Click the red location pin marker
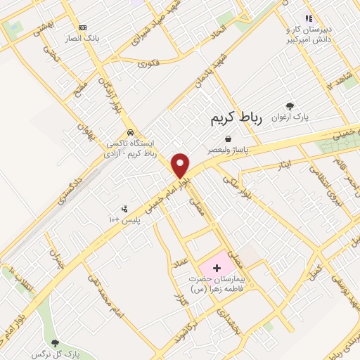181,165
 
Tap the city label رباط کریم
236,119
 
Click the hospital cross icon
217,268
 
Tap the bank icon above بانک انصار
82,27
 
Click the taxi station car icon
130,132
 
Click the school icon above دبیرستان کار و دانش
308,18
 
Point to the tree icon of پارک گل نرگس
55,343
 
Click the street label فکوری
149,64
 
